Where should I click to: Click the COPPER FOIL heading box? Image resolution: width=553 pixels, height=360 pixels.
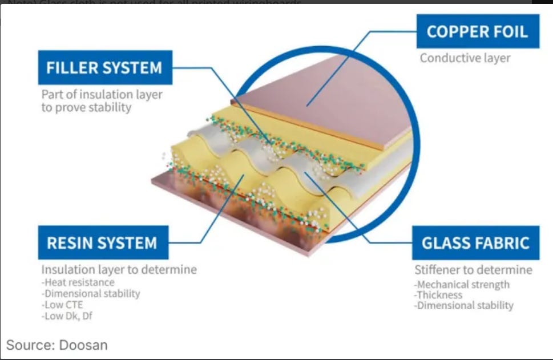click(x=477, y=32)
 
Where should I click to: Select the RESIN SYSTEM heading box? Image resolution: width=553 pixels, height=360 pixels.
click(x=102, y=243)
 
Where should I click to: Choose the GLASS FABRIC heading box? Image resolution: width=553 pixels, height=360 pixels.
click(x=475, y=243)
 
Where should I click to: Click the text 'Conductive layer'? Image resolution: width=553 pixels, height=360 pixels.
click(x=465, y=58)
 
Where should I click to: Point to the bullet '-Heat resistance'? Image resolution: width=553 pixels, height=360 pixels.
click(x=78, y=282)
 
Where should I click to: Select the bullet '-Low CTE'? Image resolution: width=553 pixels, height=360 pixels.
click(x=62, y=305)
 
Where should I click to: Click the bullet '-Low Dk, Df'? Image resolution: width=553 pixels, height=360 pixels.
click(x=67, y=315)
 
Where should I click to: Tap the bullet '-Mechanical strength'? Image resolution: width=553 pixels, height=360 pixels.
click(x=462, y=284)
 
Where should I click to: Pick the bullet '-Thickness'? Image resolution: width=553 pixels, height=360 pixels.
click(x=438, y=295)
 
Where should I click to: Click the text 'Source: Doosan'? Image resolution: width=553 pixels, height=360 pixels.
click(x=56, y=345)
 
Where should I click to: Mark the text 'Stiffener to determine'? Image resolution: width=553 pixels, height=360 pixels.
click(x=473, y=269)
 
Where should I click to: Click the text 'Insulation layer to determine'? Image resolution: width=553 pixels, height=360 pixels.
click(x=119, y=269)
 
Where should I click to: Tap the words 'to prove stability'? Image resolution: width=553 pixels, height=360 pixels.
click(x=86, y=107)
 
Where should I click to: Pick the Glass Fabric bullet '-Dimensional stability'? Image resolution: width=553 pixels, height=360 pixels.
click(x=464, y=306)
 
